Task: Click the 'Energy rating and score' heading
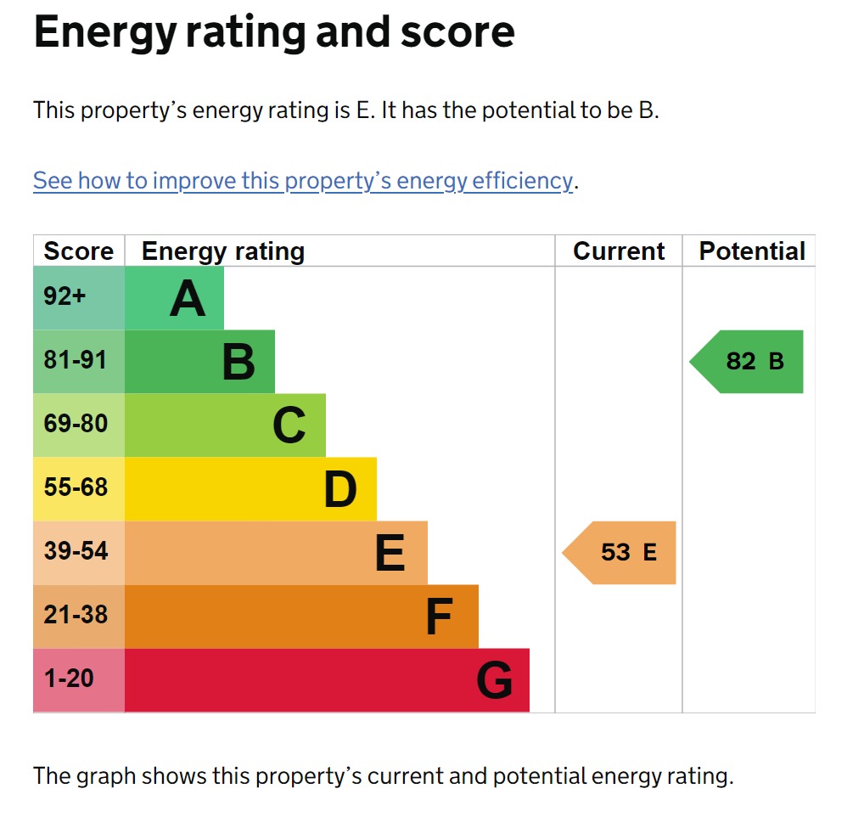click(x=273, y=32)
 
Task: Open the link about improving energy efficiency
click(x=303, y=181)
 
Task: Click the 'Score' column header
click(x=78, y=251)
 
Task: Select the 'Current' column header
click(x=619, y=251)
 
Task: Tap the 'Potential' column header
click(x=751, y=251)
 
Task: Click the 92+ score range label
click(x=65, y=297)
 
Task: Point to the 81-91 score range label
click(x=76, y=360)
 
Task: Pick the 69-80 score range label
click(x=76, y=424)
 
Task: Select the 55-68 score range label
click(x=76, y=487)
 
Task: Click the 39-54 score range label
click(x=76, y=551)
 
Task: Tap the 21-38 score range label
click(x=76, y=615)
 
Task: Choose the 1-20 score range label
click(x=69, y=679)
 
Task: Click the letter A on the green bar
click(x=188, y=299)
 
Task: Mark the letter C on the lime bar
click(x=289, y=425)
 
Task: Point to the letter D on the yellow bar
click(x=339, y=490)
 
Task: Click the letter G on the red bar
click(x=494, y=680)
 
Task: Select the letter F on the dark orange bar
click(x=438, y=617)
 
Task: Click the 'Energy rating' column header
click(x=222, y=251)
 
